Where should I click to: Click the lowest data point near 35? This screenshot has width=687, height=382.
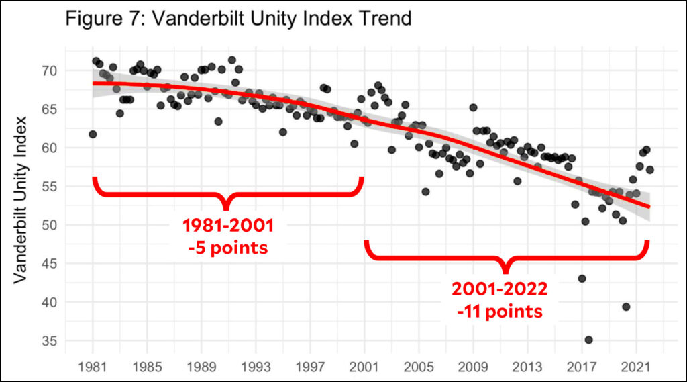coord(588,340)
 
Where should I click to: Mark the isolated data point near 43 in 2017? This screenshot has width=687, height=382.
coord(582,279)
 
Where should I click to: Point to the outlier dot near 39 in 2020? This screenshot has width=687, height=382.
coord(626,307)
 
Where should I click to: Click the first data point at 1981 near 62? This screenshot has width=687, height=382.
coord(93,134)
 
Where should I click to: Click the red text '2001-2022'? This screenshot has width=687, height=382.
coord(500,290)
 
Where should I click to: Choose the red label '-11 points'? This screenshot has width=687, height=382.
coord(500,312)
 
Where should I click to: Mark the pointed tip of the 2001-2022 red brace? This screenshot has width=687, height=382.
coord(507,271)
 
